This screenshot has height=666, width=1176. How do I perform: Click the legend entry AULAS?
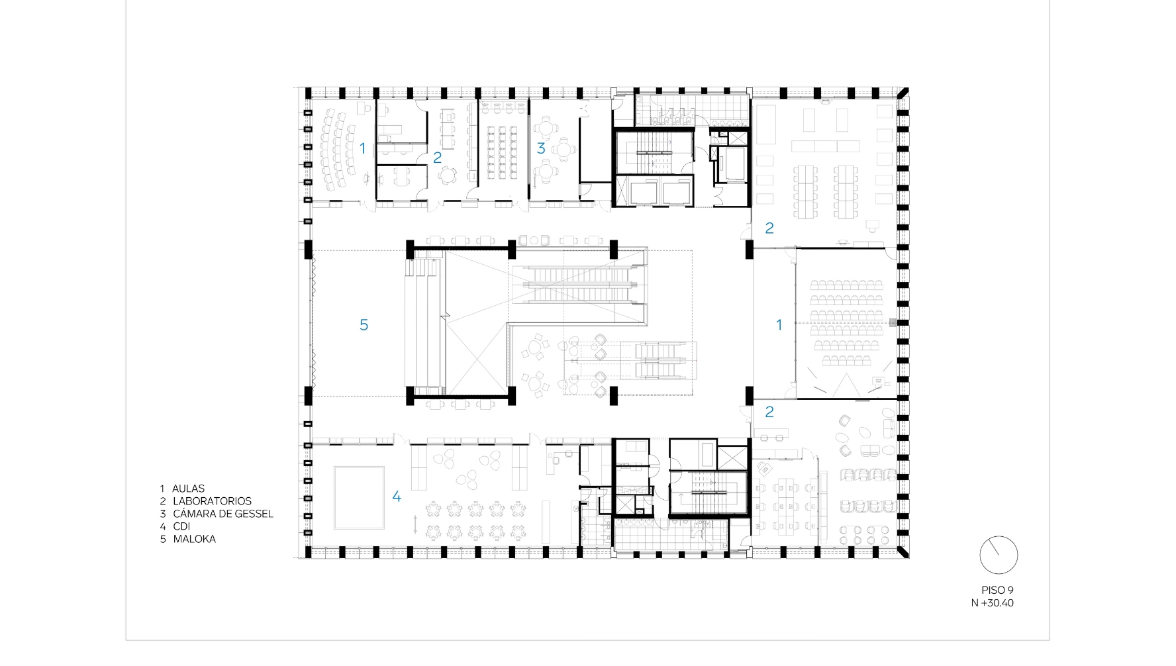(189, 489)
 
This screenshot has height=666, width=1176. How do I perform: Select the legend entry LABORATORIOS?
(212, 501)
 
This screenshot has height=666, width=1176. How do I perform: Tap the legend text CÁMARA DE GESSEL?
(223, 514)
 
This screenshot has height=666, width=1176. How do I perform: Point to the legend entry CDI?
(181, 526)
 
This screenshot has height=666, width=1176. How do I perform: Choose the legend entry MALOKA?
(195, 539)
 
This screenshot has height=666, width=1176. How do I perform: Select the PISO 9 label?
(997, 590)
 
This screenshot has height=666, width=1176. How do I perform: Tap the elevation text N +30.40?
(992, 603)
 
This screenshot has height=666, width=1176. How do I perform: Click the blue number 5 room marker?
(364, 324)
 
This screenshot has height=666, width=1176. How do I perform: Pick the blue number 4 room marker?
(397, 497)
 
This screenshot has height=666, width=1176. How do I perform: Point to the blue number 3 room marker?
(541, 148)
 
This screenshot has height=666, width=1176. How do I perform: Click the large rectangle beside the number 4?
(359, 498)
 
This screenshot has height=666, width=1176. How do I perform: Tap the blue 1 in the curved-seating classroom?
(362, 148)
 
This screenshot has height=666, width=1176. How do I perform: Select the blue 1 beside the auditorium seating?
(779, 325)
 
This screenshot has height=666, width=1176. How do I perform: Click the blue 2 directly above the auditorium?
(769, 228)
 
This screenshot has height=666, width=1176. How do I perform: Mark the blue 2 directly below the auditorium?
(769, 412)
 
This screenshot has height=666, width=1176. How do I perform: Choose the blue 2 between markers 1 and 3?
(437, 158)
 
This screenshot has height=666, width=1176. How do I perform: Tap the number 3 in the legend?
(162, 514)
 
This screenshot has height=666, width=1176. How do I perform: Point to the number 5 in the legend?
(162, 539)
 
